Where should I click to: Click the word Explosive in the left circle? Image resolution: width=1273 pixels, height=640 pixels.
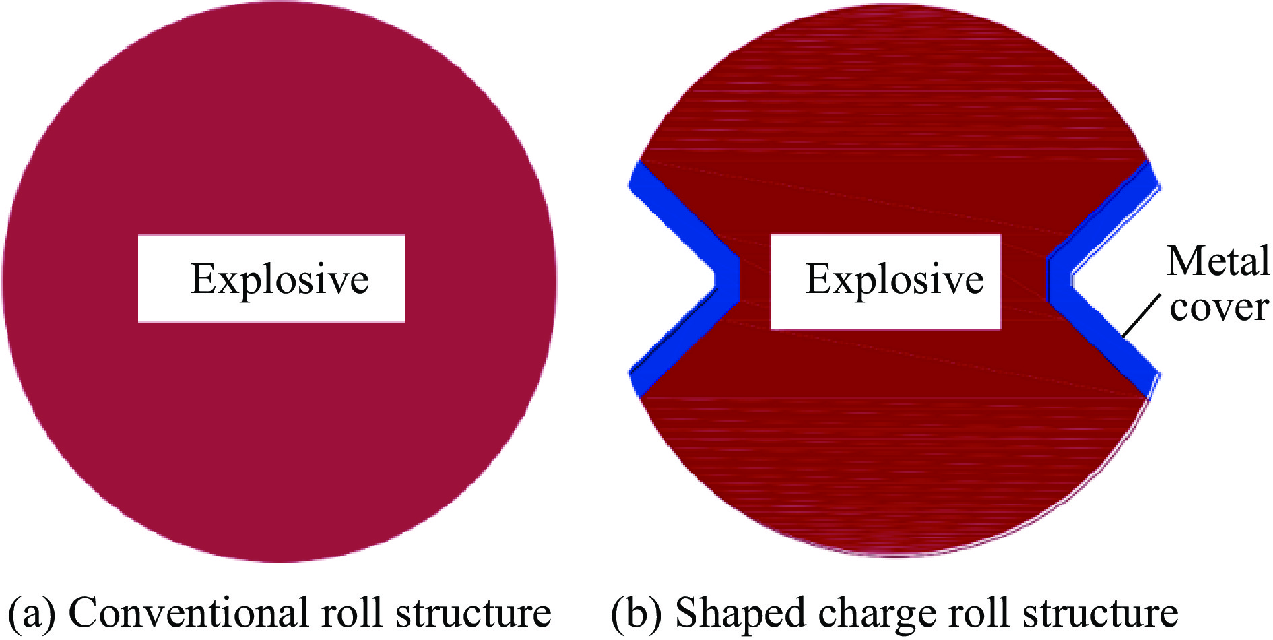pyautogui.click(x=280, y=279)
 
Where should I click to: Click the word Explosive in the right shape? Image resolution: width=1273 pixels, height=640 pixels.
pyautogui.click(x=894, y=279)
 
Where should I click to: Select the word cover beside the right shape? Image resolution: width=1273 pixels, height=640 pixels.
pyautogui.click(x=1219, y=307)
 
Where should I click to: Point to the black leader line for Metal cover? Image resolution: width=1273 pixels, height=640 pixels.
pyautogui.click(x=1142, y=315)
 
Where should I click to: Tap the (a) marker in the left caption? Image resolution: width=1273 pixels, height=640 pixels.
pyautogui.click(x=32, y=613)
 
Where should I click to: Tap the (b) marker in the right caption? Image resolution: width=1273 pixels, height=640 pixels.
pyautogui.click(x=635, y=613)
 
